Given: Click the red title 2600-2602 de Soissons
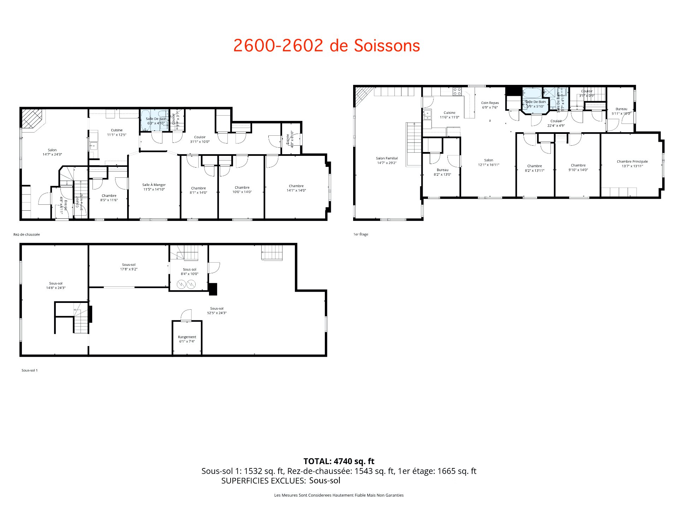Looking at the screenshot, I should pos(327,46).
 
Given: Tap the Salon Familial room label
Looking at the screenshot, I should pos(387,160).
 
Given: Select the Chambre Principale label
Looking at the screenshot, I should pos(632,164).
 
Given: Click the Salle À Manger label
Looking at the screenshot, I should pos(154,187).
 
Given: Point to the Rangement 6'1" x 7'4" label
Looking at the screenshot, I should pos(187,339).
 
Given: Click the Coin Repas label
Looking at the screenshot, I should pos(490,105).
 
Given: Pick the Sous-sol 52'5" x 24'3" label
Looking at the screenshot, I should pos(216,310).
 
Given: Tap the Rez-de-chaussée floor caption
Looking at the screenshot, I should pos(26,234).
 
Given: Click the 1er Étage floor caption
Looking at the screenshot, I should pos(361,234).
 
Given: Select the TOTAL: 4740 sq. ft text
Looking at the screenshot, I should pos(339,461).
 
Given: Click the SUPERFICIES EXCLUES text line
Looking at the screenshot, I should pos(281,480).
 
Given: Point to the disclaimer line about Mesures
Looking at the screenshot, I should pos(339,495).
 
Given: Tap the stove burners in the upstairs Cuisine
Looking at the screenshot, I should pos(457,92).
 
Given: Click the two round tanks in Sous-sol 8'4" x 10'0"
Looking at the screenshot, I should pos(186,284).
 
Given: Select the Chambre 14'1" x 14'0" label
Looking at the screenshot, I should pos(296,188).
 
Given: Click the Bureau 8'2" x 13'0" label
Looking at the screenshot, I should pos(442,172).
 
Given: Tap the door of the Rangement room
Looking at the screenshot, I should pos(186,315).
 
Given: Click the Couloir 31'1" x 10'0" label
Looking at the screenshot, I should pos(200,139).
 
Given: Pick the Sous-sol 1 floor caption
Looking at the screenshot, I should pos(29,370).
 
